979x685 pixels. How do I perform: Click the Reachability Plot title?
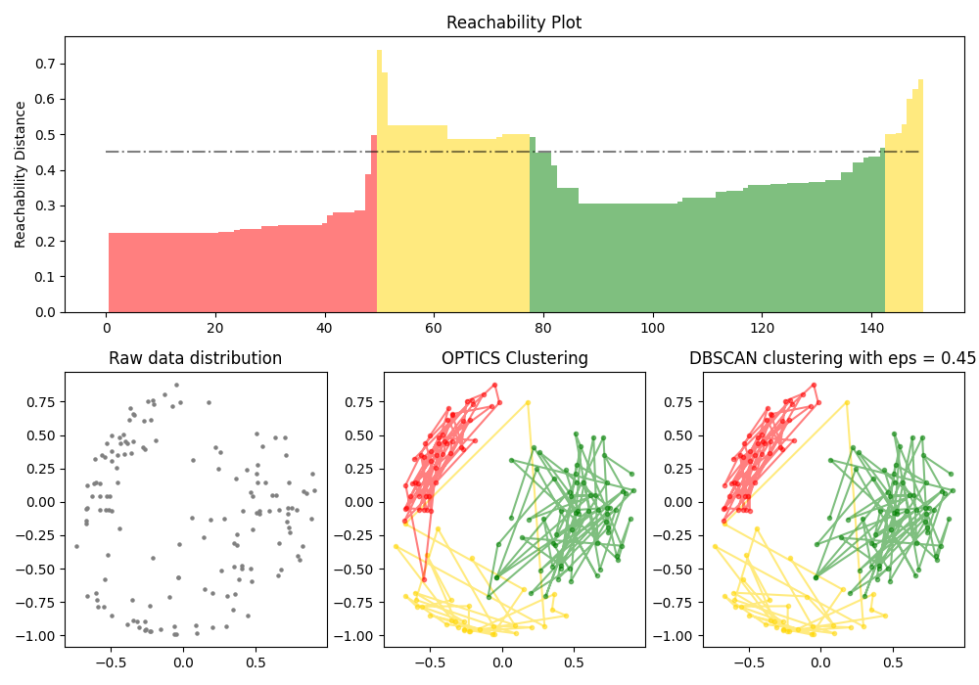[x=513, y=23]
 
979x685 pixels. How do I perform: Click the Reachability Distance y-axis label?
[x=21, y=174]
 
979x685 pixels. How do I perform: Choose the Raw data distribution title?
[x=195, y=359]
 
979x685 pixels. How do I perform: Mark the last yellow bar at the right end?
[x=920, y=196]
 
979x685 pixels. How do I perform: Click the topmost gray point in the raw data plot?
[x=176, y=385]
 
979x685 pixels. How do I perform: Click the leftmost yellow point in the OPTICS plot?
[x=396, y=546]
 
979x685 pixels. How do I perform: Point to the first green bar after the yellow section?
[x=533, y=225]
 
